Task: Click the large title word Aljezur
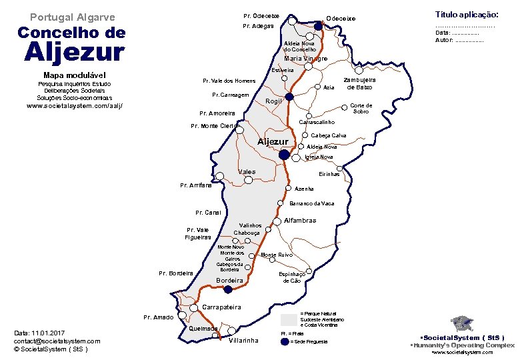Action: point(74,52)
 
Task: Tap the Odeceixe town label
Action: point(341,18)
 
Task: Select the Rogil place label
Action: point(275,101)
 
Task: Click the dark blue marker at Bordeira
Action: point(228,289)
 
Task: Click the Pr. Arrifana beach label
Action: point(196,185)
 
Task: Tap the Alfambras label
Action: point(300,221)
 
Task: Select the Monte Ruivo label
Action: point(277,255)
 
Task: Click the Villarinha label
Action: point(243,341)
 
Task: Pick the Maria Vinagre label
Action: point(306,59)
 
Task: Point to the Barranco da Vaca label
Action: point(312,203)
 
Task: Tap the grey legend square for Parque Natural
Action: point(289,319)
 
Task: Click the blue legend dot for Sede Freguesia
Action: point(285,341)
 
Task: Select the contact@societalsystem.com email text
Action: point(57,341)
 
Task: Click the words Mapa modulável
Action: point(71,75)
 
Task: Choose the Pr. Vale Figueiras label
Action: point(198,233)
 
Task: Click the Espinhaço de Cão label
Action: point(291,277)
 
